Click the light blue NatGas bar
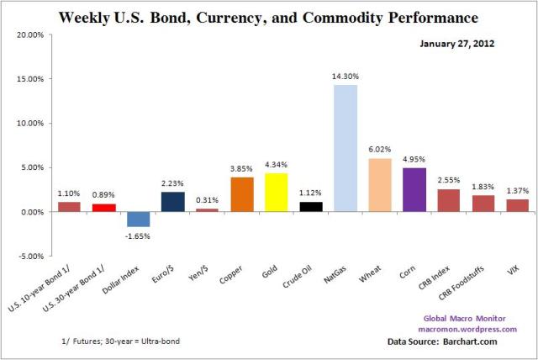[x=345, y=148]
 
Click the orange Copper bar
[x=242, y=194]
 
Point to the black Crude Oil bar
[x=311, y=206]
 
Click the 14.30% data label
[x=345, y=77]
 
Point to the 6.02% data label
[x=380, y=150]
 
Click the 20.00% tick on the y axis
[x=30, y=34]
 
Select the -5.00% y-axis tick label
[x=31, y=256]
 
